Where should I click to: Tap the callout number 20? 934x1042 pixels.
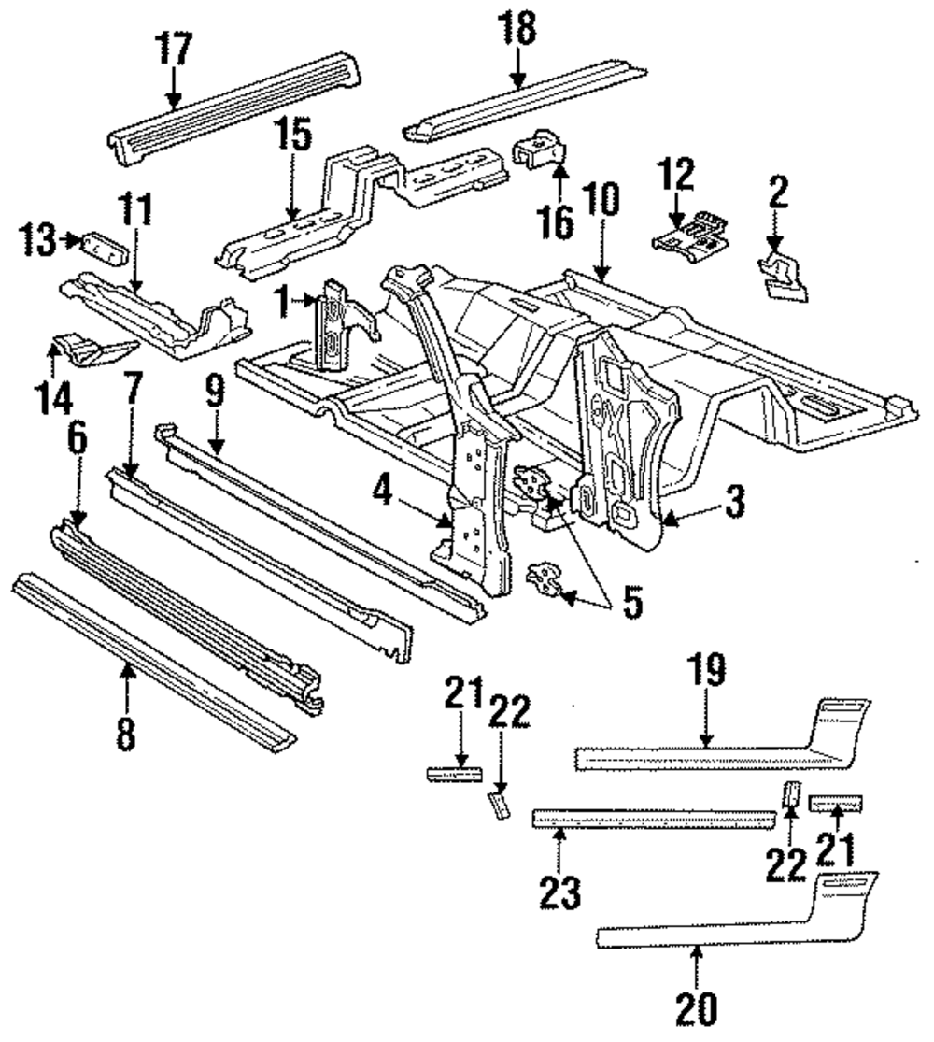[698, 1010]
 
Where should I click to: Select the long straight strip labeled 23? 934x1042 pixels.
[652, 819]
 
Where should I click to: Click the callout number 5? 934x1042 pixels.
[632, 602]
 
